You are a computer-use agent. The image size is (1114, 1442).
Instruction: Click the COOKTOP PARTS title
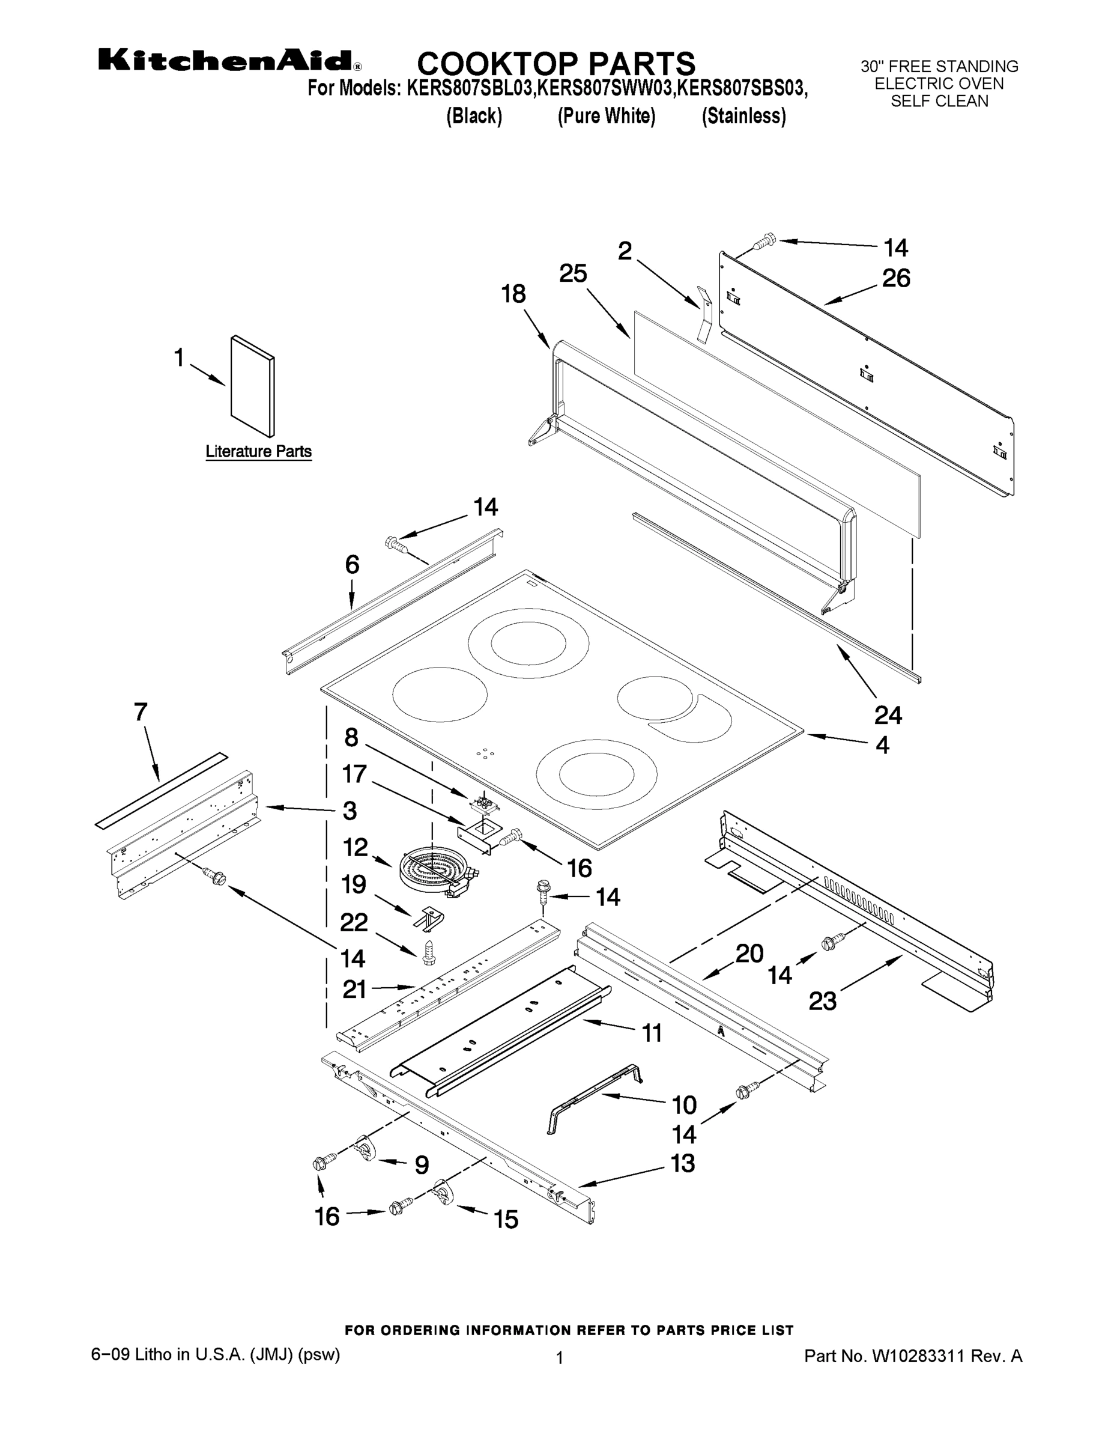(x=556, y=63)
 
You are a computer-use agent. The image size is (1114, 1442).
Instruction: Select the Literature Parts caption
(x=258, y=452)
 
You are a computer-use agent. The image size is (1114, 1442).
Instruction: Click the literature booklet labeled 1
(x=252, y=386)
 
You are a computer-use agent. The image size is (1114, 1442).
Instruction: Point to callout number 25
(x=573, y=273)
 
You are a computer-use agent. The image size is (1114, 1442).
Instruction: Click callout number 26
(x=896, y=278)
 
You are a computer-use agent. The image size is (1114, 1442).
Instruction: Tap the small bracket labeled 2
(x=704, y=314)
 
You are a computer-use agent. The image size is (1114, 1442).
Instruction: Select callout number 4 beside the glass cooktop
(x=882, y=746)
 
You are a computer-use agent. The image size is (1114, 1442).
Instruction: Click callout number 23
(x=822, y=1002)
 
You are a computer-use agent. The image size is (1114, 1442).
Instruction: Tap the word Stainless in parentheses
(x=743, y=116)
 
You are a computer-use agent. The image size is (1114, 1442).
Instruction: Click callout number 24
(x=888, y=714)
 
